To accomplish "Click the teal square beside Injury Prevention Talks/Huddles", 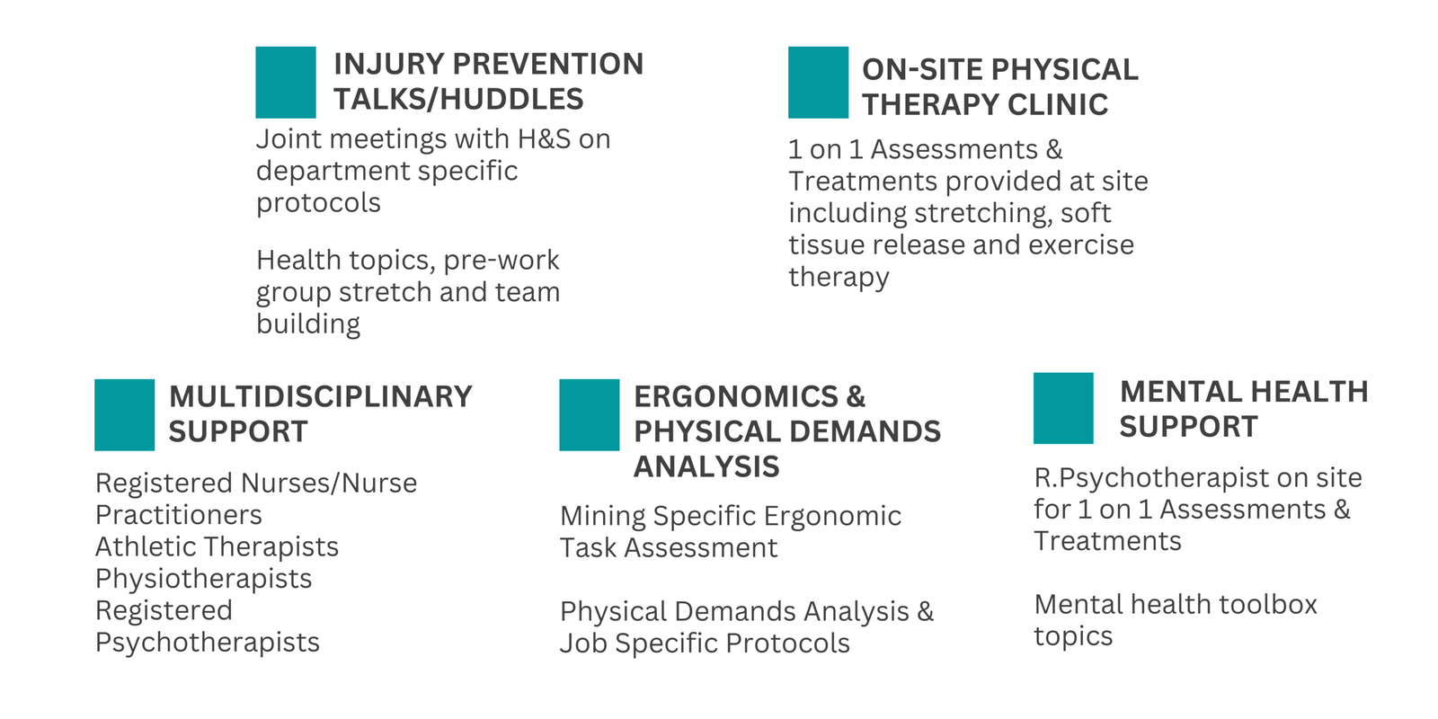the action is [286, 82].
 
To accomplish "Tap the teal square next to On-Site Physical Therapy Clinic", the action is [819, 82].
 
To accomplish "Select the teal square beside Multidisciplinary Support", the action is [125, 414].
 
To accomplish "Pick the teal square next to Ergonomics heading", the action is [590, 414].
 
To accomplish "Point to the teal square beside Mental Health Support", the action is [1063, 408].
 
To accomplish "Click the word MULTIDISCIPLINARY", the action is [320, 396].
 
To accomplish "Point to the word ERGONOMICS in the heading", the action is [736, 396].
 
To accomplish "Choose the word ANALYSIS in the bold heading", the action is [706, 466].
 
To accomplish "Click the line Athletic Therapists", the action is [217, 547].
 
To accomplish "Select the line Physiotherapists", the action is [203, 580].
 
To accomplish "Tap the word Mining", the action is [602, 517].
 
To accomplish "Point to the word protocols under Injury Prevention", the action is [318, 204].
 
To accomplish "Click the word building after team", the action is [308, 324].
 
